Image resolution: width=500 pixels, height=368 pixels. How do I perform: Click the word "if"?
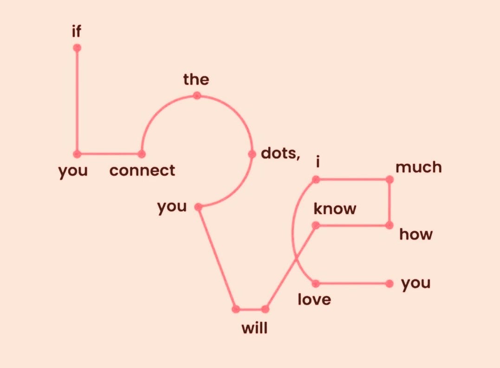pyautogui.click(x=77, y=32)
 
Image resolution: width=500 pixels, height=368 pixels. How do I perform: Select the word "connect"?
pyautogui.click(x=142, y=171)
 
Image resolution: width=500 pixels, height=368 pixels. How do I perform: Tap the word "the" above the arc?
pyautogui.click(x=196, y=80)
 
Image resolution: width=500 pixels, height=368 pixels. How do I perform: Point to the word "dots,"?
pyautogui.click(x=280, y=153)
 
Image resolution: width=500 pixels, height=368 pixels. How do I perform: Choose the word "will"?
pyautogui.click(x=255, y=329)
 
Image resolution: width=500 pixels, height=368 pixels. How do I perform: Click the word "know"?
pyautogui.click(x=335, y=209)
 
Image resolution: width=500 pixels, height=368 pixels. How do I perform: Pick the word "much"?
pyautogui.click(x=418, y=167)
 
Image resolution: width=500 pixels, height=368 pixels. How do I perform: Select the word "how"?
pyautogui.click(x=416, y=235)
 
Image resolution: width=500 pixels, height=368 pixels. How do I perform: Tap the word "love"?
pyautogui.click(x=314, y=300)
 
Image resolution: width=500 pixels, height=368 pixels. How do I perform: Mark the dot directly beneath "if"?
pyautogui.click(x=77, y=48)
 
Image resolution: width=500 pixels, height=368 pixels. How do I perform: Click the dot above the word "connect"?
pyautogui.click(x=142, y=154)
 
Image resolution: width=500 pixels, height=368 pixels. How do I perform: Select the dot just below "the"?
pyautogui.click(x=197, y=95)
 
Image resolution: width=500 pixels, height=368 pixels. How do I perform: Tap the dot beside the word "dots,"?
pyautogui.click(x=252, y=154)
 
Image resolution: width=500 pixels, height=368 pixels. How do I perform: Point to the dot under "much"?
pyautogui.click(x=390, y=179)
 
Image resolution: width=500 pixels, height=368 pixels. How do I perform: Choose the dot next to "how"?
pyautogui.click(x=390, y=226)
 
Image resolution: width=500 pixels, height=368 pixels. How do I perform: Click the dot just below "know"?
pyautogui.click(x=316, y=226)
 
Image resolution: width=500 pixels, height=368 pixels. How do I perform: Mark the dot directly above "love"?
pyautogui.click(x=316, y=283)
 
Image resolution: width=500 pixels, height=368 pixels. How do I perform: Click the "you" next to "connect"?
pyautogui.click(x=73, y=171)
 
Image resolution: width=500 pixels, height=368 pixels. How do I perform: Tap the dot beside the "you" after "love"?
pyautogui.click(x=390, y=283)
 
